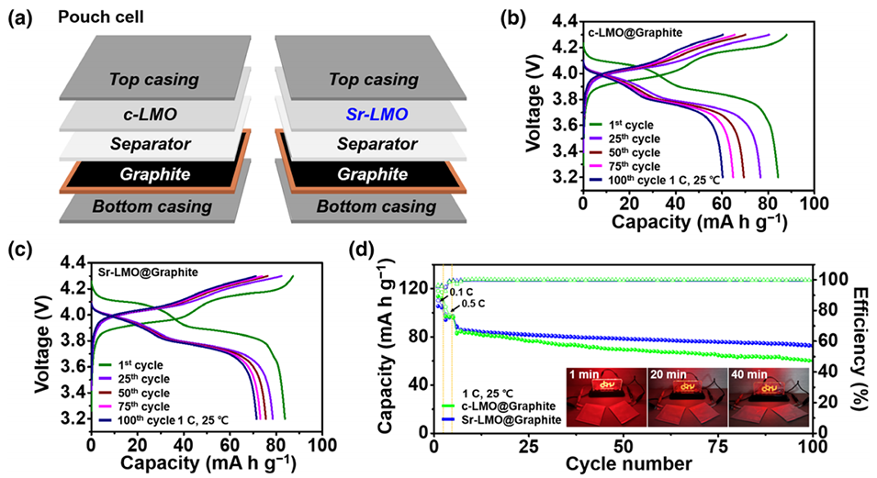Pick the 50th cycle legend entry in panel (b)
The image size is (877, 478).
(640, 150)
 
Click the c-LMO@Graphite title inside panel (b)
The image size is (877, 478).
(635, 31)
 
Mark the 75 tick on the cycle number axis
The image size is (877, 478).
(717, 445)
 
